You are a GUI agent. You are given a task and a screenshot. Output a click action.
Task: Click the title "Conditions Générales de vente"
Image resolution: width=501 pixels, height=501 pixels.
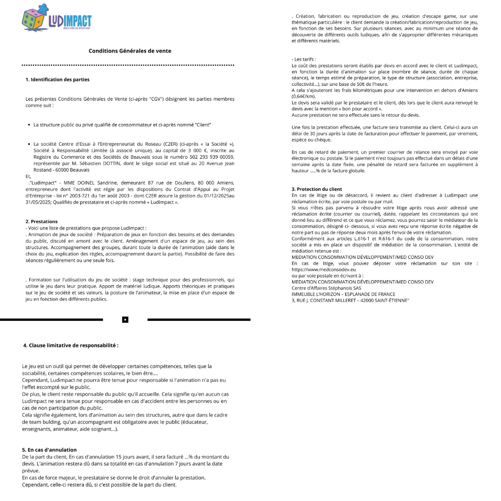(130, 51)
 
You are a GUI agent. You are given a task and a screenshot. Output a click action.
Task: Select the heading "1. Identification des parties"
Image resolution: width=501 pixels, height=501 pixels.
(58, 80)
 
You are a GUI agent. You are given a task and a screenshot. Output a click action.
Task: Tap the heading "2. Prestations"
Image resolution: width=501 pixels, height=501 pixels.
(41, 221)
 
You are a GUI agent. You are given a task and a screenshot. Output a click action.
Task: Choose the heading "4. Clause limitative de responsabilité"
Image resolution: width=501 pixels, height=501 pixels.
(71, 346)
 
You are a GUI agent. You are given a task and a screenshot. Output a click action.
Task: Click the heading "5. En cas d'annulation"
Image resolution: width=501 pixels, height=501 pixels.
(49, 450)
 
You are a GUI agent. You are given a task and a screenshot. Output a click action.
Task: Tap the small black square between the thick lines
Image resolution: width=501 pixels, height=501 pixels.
(125, 320)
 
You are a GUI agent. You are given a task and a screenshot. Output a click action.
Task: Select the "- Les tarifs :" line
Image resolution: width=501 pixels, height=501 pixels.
(304, 59)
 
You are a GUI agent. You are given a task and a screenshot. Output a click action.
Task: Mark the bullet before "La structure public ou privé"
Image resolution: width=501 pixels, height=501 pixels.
(29, 125)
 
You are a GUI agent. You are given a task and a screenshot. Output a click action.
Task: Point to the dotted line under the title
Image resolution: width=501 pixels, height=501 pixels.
(128, 65)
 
